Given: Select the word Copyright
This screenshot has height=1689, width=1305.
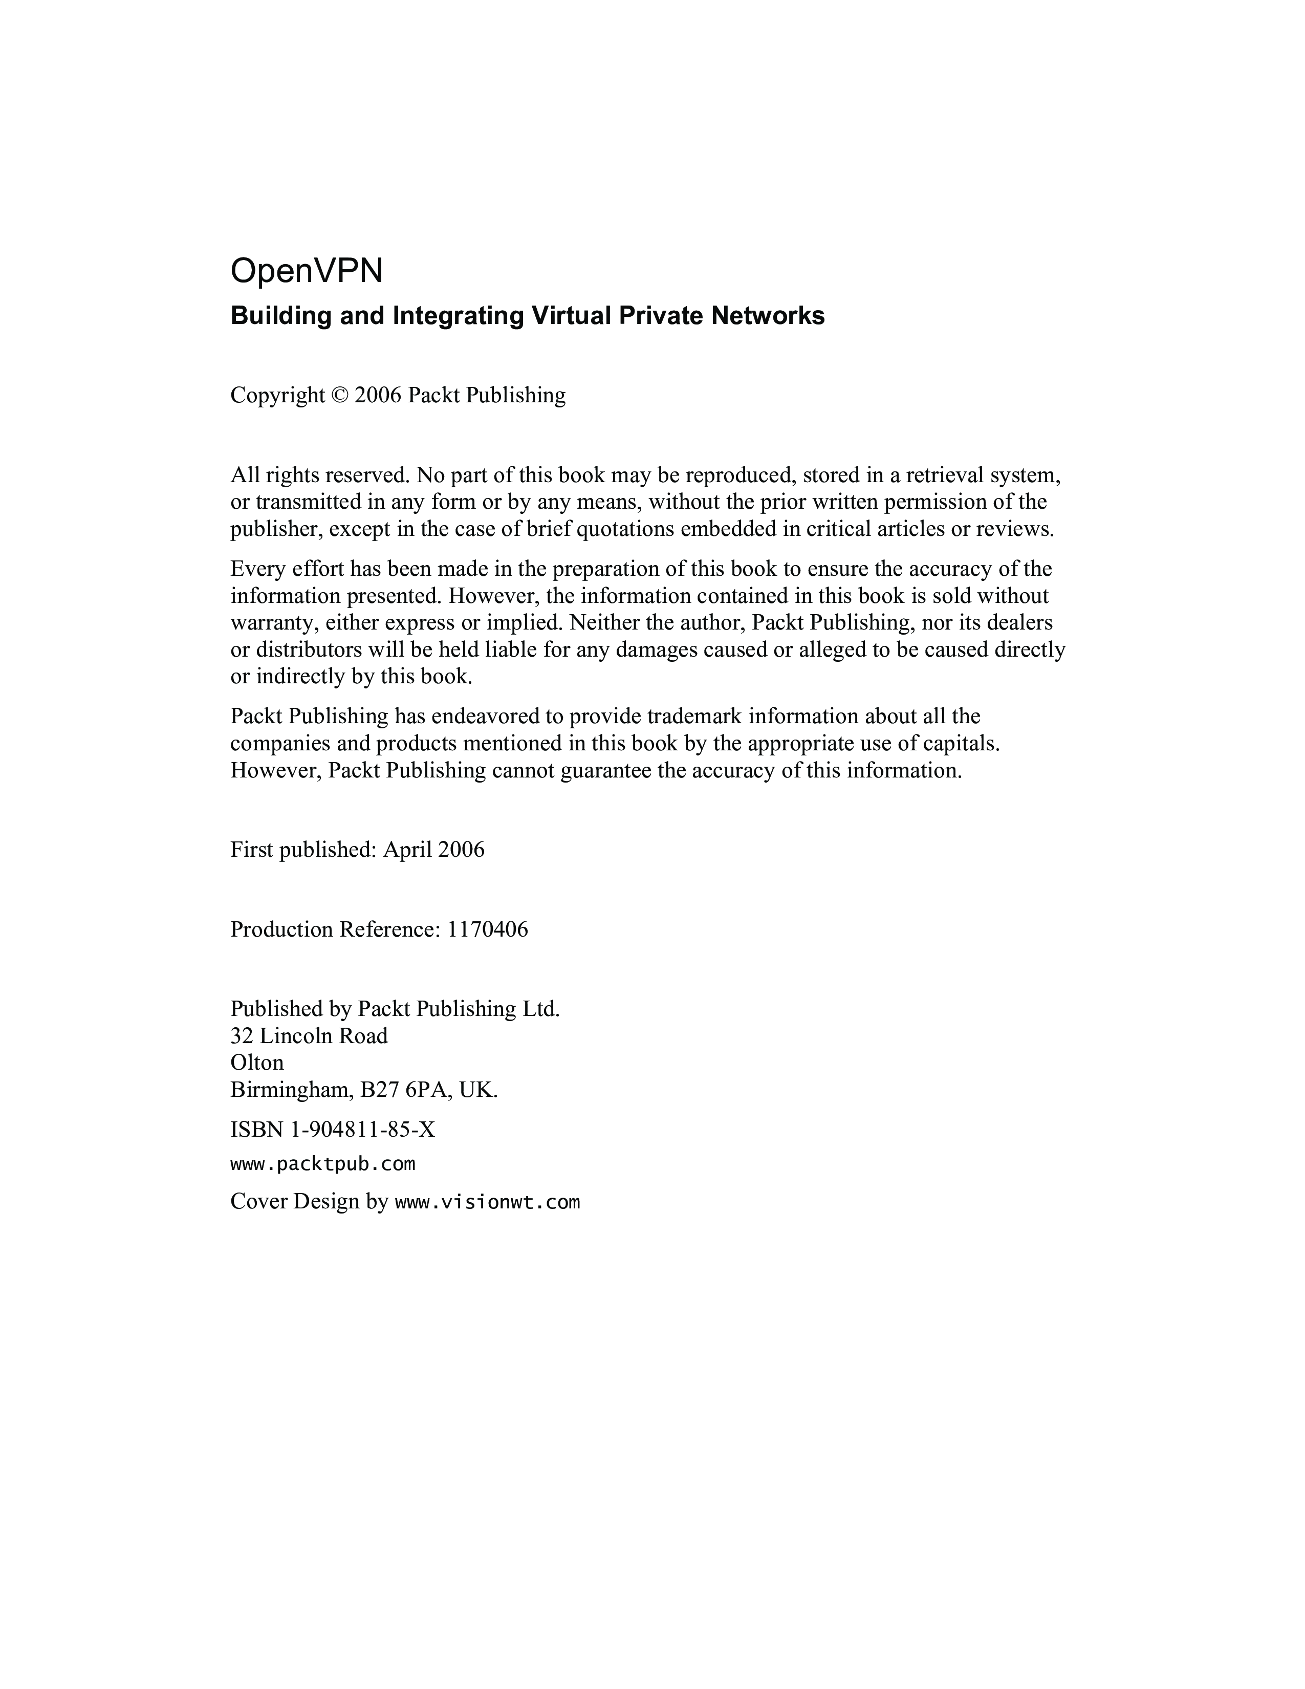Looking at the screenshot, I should tap(277, 395).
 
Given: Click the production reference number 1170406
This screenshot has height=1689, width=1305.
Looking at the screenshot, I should tap(487, 929).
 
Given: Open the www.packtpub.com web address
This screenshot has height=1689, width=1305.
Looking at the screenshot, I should tap(322, 1164).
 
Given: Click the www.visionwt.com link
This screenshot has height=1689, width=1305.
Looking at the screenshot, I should tap(487, 1202).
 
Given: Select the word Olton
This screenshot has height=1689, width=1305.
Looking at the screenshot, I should tap(257, 1063).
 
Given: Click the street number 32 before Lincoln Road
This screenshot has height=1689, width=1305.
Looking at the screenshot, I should tap(241, 1035).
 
